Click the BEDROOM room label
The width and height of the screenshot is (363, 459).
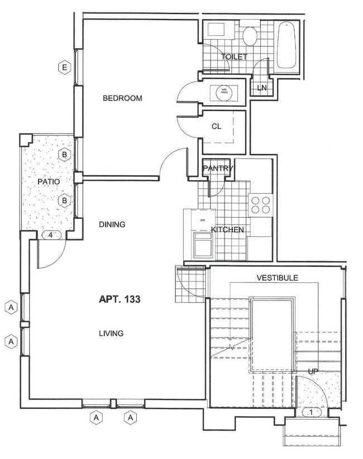[x=122, y=98]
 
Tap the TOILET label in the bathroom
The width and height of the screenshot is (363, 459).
[x=233, y=57]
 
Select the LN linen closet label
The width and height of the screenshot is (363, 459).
[x=261, y=88]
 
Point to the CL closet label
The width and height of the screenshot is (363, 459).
[x=216, y=126]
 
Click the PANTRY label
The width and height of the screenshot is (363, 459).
[x=217, y=168]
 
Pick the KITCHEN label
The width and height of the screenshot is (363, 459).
[x=227, y=230]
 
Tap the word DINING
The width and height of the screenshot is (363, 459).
[x=112, y=224]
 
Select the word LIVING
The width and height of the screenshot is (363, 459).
[x=111, y=333]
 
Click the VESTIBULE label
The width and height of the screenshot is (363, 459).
[x=277, y=278]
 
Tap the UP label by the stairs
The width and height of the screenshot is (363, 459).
[x=313, y=371]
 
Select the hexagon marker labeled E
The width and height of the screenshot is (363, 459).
[x=65, y=68]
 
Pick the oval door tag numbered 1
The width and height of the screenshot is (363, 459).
[x=311, y=413]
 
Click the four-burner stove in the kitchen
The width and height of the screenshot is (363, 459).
[x=260, y=204]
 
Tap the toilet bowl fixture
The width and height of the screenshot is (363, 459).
[x=250, y=35]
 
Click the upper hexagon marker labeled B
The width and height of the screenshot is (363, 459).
[x=65, y=155]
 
